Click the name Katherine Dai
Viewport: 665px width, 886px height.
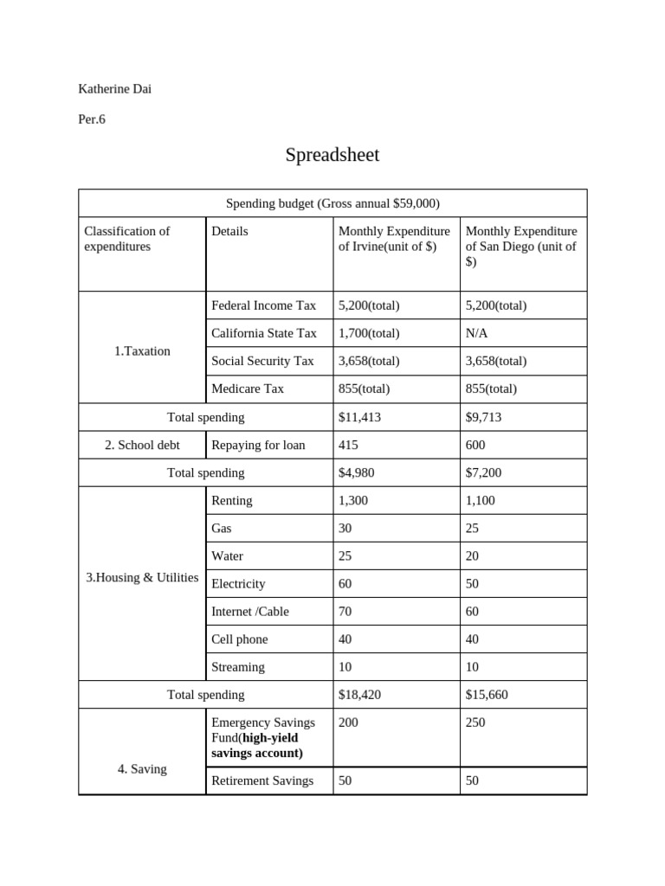pos(114,88)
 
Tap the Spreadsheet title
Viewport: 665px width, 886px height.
pos(332,155)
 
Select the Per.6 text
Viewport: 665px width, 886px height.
pos(92,119)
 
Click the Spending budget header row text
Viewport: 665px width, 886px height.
pos(332,203)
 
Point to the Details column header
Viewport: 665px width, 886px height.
pos(229,231)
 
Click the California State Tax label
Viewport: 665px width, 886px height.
pos(264,333)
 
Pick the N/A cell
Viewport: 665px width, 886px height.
pos(476,333)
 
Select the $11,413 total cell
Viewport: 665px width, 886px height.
pos(359,417)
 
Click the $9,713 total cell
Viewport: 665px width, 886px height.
pos(483,417)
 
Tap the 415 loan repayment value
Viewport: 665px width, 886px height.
pos(348,445)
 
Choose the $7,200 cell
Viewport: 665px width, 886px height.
pos(483,472)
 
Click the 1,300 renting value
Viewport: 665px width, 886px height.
pos(353,500)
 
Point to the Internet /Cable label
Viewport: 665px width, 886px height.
pos(250,612)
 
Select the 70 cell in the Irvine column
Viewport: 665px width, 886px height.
pos(345,612)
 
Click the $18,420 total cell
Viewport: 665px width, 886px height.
pos(359,695)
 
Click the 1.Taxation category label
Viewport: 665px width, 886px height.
pos(142,351)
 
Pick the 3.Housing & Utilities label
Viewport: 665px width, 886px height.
pos(142,578)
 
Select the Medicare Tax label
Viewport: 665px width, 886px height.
pos(248,388)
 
